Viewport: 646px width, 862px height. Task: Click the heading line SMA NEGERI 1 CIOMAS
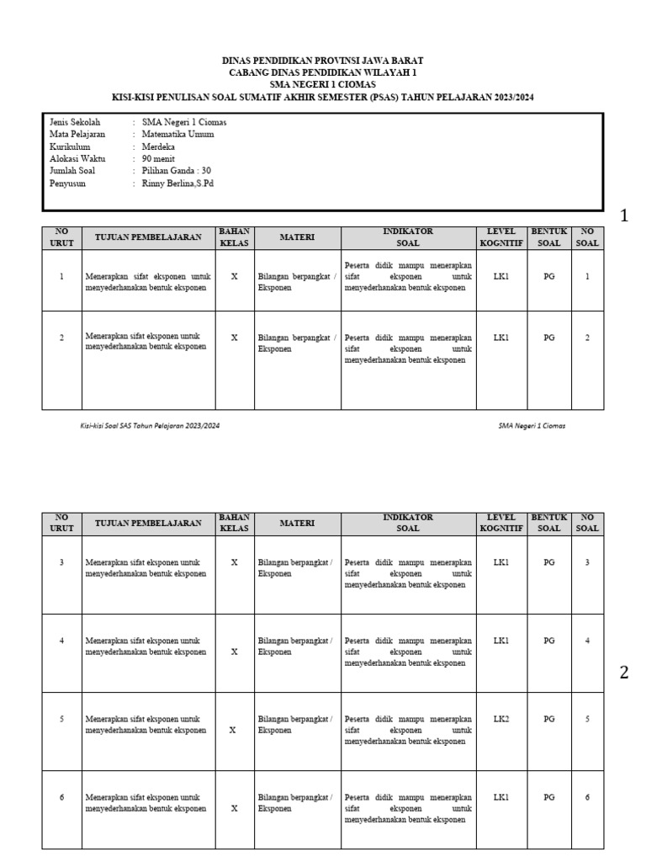(323, 85)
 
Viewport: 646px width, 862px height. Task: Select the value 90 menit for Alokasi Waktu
(158, 157)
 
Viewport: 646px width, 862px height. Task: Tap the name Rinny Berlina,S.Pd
(178, 183)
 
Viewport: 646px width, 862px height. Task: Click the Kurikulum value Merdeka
(159, 146)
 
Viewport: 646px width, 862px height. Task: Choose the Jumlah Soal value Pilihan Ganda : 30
(177, 170)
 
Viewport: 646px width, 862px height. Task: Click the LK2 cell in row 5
(501, 719)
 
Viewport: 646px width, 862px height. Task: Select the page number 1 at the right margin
(624, 216)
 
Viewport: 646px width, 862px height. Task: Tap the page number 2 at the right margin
(624, 672)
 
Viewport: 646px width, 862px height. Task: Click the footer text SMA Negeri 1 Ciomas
(532, 426)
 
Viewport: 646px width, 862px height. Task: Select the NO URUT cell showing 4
(61, 641)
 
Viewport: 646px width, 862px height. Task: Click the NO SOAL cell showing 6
(587, 796)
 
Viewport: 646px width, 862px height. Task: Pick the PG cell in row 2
(548, 338)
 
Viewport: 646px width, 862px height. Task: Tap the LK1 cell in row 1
(501, 276)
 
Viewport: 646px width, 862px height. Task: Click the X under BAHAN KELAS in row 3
(234, 562)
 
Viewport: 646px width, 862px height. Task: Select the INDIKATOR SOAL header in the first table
(408, 237)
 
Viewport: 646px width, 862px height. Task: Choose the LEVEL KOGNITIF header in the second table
(501, 523)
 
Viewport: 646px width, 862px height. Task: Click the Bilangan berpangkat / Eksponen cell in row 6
(295, 801)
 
